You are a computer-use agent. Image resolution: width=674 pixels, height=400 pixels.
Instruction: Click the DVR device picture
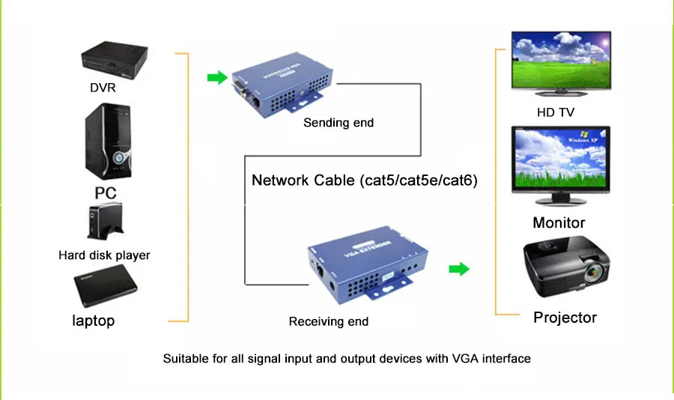click(115, 60)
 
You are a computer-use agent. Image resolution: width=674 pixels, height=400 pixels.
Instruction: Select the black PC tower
click(109, 142)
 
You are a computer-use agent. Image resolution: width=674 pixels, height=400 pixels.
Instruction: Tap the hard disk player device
click(106, 222)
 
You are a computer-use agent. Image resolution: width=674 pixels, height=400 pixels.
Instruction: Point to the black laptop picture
click(106, 285)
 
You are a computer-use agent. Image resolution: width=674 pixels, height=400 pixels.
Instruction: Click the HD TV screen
click(561, 60)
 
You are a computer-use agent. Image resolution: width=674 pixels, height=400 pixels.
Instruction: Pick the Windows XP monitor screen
click(560, 158)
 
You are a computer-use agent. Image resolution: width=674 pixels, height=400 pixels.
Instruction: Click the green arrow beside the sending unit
click(217, 77)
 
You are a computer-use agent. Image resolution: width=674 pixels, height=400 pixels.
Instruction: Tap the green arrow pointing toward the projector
click(459, 269)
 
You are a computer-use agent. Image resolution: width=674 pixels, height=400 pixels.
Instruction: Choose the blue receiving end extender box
click(368, 264)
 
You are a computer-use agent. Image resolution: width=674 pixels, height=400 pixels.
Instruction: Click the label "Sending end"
click(338, 123)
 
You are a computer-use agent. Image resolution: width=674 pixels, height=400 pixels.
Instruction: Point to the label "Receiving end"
click(329, 321)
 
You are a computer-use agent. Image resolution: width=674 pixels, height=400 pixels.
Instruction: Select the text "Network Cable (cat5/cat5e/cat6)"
click(365, 181)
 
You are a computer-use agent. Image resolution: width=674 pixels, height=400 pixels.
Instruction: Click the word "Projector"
click(565, 318)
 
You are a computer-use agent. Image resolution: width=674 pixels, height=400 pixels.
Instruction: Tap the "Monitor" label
click(559, 222)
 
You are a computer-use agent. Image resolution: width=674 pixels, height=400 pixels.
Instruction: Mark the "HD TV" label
click(556, 112)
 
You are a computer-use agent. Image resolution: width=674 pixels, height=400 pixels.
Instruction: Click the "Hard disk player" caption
click(104, 255)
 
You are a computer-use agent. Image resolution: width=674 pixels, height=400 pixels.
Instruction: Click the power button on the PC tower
click(118, 157)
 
